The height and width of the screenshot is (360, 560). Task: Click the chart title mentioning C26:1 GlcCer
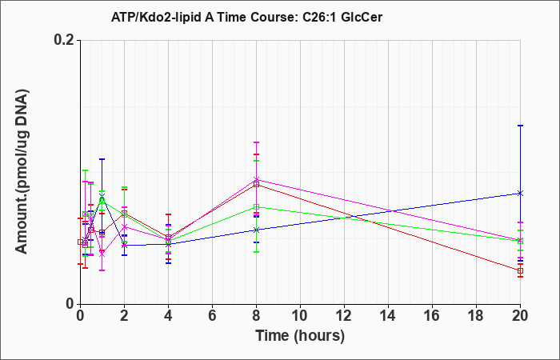pyautogui.click(x=246, y=17)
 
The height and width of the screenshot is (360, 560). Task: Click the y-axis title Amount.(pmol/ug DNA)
pyautogui.click(x=22, y=172)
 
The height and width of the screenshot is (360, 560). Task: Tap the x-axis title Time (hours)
pyautogui.click(x=300, y=336)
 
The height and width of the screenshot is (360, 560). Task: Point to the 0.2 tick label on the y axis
pyautogui.click(x=64, y=40)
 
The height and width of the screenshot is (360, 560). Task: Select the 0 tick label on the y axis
pyautogui.click(x=70, y=304)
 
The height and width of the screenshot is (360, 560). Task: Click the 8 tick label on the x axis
pyautogui.click(x=257, y=316)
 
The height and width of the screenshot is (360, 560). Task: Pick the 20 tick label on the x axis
pyautogui.click(x=520, y=316)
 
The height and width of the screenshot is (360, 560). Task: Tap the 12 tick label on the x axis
pyautogui.click(x=344, y=316)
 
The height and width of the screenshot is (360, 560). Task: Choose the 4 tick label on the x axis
pyautogui.click(x=168, y=316)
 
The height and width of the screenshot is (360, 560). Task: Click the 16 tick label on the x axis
pyautogui.click(x=432, y=316)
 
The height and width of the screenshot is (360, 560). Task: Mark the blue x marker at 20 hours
pyautogui.click(x=520, y=194)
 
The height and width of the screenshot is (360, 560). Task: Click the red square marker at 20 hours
pyautogui.click(x=520, y=270)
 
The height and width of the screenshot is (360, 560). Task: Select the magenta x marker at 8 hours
pyautogui.click(x=257, y=179)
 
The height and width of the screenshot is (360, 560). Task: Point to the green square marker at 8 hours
pyautogui.click(x=257, y=206)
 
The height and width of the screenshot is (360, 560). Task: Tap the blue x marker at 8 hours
pyautogui.click(x=257, y=230)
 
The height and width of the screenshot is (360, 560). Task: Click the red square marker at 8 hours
pyautogui.click(x=257, y=184)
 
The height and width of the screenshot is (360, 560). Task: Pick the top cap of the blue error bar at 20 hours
pyautogui.click(x=520, y=126)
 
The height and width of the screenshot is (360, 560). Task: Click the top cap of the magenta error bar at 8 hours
pyautogui.click(x=257, y=142)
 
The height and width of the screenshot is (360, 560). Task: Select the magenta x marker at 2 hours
pyautogui.click(x=124, y=226)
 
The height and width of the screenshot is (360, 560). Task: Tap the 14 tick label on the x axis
pyautogui.click(x=388, y=316)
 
